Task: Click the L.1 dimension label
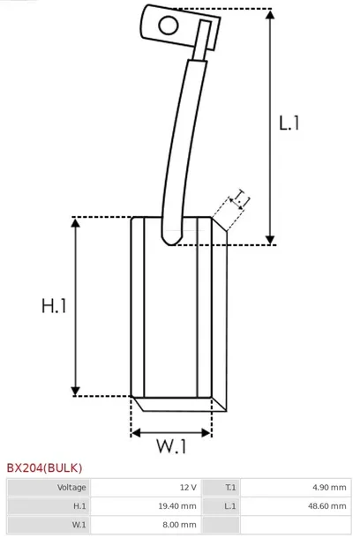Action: coord(289,123)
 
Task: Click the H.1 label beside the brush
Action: coord(54,306)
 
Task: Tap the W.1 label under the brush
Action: coord(171,446)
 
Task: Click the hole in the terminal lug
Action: coord(169,26)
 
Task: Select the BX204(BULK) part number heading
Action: coord(44,467)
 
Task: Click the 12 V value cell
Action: coord(146,487)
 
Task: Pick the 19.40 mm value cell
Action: coord(146,505)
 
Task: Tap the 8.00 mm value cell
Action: coord(146,524)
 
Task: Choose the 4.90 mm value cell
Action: coord(296,487)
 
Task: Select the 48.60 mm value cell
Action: coord(296,505)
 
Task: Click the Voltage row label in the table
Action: coord(71,487)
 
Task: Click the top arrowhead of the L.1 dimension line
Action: coord(270,14)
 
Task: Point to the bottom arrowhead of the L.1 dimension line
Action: coord(270,240)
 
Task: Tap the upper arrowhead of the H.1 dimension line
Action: coord(75,222)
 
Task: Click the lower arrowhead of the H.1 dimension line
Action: coord(75,391)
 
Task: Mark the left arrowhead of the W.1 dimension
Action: coord(136,433)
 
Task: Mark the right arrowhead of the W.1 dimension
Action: coord(206,433)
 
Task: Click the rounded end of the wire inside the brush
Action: coord(171,240)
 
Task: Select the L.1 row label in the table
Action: coord(230,505)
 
